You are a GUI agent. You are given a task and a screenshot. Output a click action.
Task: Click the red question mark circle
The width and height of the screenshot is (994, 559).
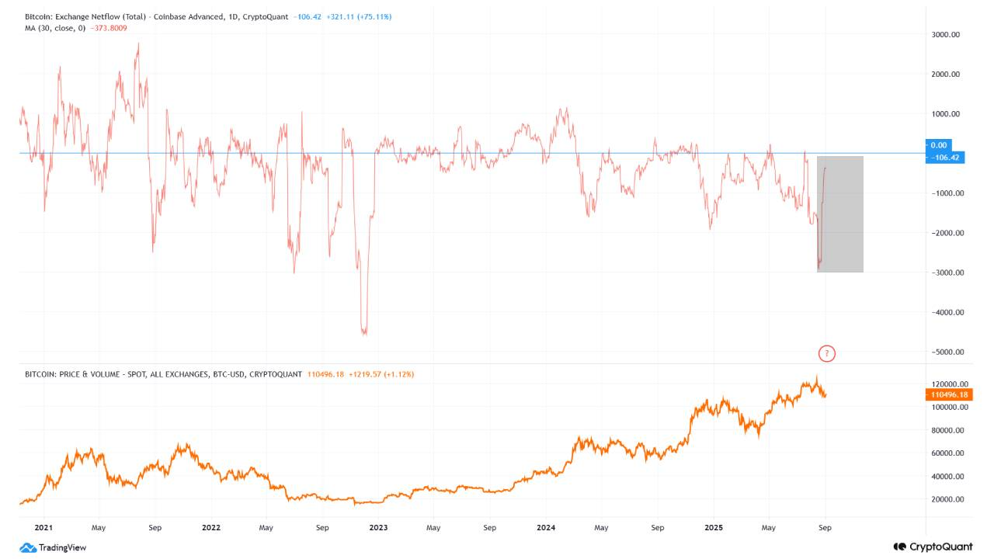pyautogui.click(x=827, y=354)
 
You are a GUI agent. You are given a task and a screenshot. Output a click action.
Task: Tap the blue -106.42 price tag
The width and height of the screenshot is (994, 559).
pyautogui.click(x=945, y=158)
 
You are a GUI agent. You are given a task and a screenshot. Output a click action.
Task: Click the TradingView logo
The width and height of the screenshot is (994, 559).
pyautogui.click(x=53, y=547)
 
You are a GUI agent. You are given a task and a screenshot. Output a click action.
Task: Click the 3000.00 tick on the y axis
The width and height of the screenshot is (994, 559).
pyautogui.click(x=945, y=35)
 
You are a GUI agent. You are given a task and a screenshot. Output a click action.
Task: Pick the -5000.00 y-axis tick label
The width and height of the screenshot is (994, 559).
pyautogui.click(x=945, y=352)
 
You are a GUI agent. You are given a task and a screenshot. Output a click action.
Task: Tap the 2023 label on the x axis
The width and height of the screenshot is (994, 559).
pyautogui.click(x=378, y=527)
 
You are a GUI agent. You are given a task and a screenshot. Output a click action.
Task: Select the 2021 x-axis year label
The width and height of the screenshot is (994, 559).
pyautogui.click(x=43, y=527)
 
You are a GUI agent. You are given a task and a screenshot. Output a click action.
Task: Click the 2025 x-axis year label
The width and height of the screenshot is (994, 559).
pyautogui.click(x=714, y=527)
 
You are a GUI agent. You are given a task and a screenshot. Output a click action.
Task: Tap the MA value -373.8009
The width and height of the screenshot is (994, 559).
pyautogui.click(x=109, y=28)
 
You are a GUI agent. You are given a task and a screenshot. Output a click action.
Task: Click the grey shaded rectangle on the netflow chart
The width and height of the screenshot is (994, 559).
pyautogui.click(x=840, y=214)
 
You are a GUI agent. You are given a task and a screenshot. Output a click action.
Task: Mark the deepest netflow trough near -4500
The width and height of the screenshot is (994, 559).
pyautogui.click(x=363, y=332)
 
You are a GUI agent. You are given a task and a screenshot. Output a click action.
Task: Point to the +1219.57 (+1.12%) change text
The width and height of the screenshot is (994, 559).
pyautogui.click(x=381, y=374)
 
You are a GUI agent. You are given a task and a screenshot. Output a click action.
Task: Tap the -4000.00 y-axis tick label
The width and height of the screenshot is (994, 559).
pyautogui.click(x=945, y=313)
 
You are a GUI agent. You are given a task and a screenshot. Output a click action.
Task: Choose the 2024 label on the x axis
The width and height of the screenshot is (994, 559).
pyautogui.click(x=546, y=527)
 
